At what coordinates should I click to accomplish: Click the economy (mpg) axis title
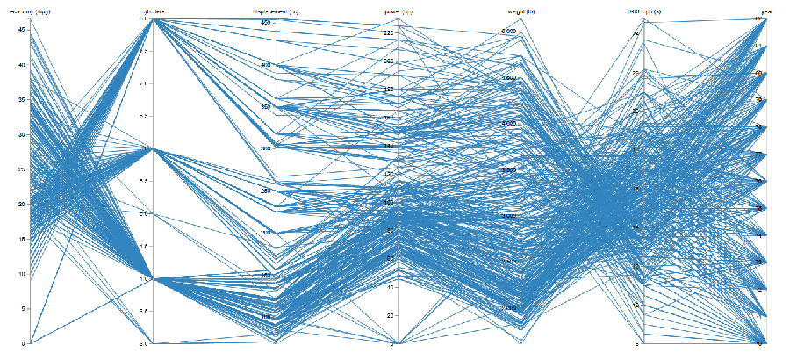[29, 11]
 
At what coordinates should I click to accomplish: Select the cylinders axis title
[153, 11]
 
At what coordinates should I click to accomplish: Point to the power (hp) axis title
[399, 11]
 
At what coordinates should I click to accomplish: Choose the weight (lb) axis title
[522, 11]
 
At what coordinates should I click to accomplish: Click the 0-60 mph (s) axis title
[644, 11]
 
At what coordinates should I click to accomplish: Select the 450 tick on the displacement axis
[264, 22]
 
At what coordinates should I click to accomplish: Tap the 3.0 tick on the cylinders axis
[144, 343]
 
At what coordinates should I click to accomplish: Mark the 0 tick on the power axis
[392, 343]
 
